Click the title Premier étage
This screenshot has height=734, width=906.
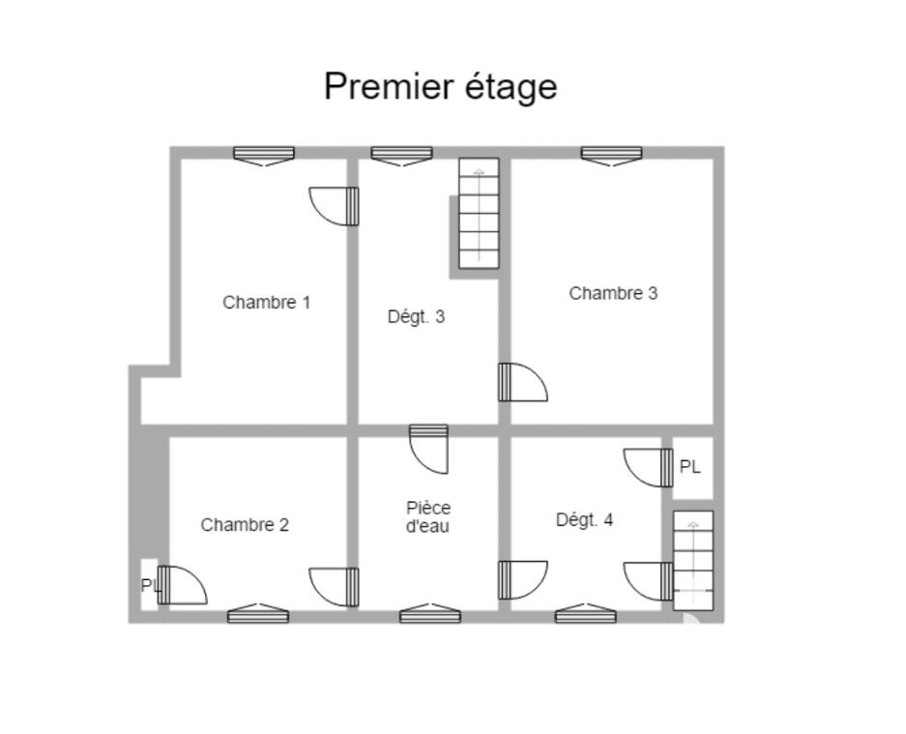point(440,87)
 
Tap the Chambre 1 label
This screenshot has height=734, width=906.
point(266,303)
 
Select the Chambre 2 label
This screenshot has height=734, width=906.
point(245,525)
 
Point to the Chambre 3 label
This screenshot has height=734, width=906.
point(613,293)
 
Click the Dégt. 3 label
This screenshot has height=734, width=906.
point(416,317)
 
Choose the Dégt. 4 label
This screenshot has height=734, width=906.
point(584,520)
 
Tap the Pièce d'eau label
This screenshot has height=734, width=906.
point(428,517)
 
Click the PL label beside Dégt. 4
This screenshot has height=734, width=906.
point(690,467)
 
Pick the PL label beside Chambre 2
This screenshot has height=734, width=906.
point(150,586)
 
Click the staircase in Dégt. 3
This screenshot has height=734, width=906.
point(479,214)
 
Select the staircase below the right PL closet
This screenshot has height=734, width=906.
point(693,560)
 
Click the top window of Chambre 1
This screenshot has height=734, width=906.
point(264,156)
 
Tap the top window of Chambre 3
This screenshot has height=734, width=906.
point(611,156)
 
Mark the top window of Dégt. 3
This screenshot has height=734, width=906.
point(401,156)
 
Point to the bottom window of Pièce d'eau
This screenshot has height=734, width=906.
point(430,613)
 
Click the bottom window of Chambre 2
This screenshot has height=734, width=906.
point(258,613)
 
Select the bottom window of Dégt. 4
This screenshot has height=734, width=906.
point(585,613)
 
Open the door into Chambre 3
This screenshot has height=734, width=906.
point(523,382)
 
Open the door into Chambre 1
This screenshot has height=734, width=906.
point(334,206)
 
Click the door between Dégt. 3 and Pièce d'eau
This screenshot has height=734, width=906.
point(428,449)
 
